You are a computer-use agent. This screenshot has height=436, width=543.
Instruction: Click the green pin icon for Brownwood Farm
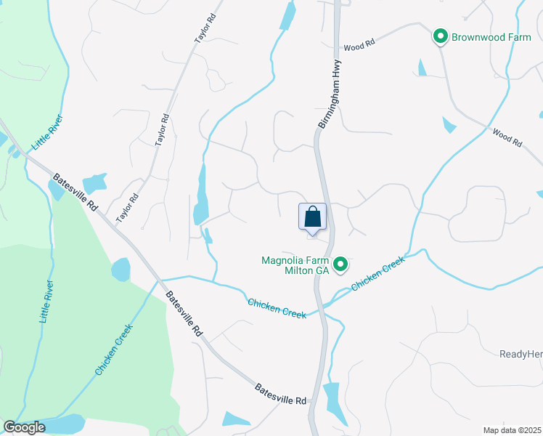439,36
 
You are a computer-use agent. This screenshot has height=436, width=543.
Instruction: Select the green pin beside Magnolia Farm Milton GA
339,265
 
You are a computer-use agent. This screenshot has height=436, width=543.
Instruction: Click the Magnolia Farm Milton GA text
295,265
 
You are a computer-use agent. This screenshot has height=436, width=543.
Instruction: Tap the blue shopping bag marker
312,217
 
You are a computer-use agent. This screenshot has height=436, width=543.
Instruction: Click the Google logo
24,427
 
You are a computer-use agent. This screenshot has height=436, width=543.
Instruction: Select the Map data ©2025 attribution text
512,430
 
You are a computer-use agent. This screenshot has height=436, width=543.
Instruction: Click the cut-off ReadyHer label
520,354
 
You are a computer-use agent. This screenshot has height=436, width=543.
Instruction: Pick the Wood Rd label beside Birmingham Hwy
359,45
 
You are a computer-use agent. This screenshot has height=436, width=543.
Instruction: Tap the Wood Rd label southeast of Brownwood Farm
507,138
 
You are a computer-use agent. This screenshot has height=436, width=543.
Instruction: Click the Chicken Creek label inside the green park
114,350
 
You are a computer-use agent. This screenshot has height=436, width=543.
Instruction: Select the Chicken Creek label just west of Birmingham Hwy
277,308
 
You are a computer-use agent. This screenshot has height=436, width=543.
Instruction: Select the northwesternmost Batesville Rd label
75,192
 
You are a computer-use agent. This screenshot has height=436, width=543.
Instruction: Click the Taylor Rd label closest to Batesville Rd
128,209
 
